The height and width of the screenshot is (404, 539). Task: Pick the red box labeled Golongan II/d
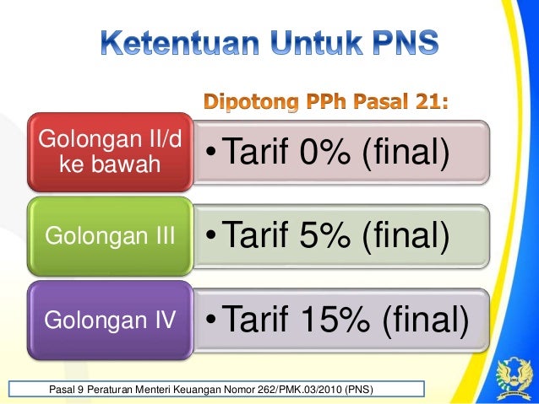(106, 151)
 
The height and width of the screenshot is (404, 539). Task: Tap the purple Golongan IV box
(106, 319)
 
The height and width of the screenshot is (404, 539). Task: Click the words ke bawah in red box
(106, 164)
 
